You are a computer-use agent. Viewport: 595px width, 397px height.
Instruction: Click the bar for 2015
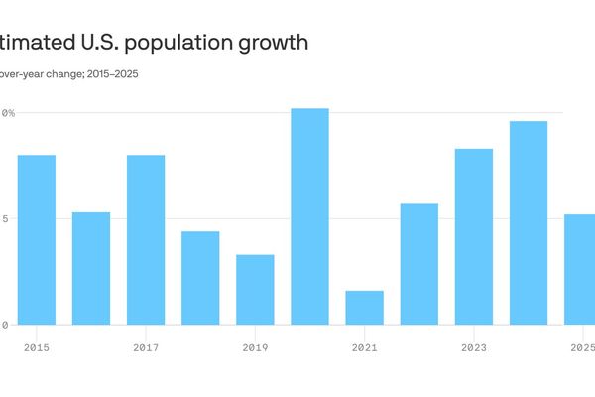37,239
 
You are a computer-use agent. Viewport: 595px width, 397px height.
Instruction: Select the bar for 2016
91,268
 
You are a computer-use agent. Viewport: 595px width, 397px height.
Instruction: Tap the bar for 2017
146,239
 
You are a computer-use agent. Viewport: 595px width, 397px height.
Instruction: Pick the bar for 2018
200,278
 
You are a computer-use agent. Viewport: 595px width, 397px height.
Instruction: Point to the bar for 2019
255,290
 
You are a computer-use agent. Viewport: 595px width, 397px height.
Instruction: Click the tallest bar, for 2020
309,216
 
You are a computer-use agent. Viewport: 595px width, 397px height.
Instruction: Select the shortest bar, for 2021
364,308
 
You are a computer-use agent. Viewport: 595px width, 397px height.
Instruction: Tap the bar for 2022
419,264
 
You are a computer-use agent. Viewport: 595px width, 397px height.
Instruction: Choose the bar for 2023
474,236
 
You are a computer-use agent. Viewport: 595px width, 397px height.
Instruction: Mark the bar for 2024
529,222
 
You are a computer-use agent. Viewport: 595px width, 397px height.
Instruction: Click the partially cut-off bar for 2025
580,269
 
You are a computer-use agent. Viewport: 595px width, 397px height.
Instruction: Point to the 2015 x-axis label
37,347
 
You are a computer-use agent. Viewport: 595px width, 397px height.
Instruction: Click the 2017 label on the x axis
146,347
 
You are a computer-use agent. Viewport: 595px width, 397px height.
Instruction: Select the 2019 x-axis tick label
255,347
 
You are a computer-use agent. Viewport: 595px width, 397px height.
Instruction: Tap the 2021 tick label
364,347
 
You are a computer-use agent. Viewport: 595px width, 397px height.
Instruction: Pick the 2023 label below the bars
474,347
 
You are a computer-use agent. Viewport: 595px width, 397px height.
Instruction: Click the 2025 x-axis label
582,347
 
